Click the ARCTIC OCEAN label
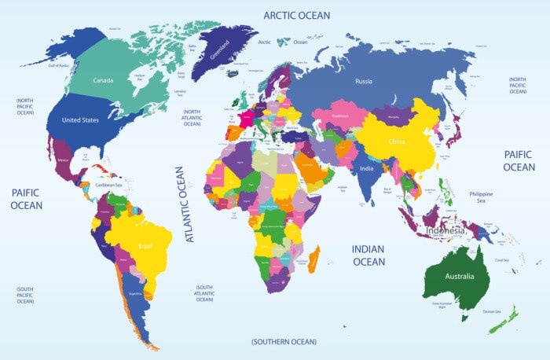tap(296, 15)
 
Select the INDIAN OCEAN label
tap(368, 255)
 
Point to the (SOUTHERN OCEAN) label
tap(284, 342)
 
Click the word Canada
tap(103, 80)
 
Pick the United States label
tap(80, 120)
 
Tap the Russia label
tap(363, 81)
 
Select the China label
tap(396, 141)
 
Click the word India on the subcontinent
tap(366, 168)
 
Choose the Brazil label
tap(145, 246)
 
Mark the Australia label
tap(459, 277)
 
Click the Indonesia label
tap(445, 231)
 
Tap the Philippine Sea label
tap(481, 197)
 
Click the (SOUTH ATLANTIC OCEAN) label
tap(204, 293)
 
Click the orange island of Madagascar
tap(313, 258)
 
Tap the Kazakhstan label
tap(339, 116)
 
